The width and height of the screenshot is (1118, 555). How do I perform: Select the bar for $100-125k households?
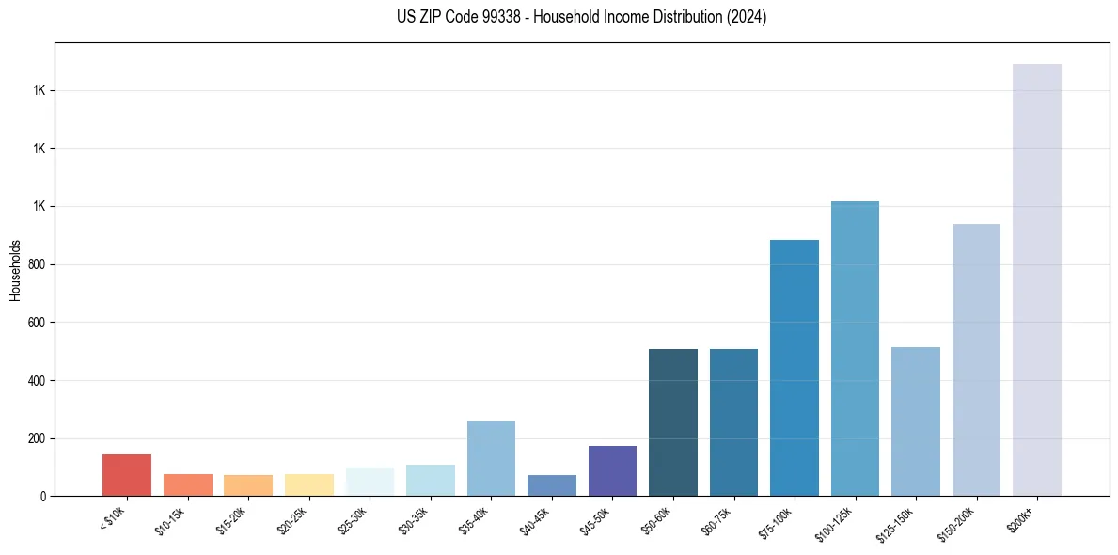[855, 348]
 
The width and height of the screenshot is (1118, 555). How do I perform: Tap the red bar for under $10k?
[127, 475]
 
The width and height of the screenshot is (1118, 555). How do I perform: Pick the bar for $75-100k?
[795, 368]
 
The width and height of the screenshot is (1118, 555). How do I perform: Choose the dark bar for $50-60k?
[673, 422]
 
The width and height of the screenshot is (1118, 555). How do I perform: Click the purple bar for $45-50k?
[612, 470]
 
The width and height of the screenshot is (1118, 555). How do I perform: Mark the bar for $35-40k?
[491, 458]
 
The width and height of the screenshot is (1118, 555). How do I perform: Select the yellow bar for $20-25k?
[309, 484]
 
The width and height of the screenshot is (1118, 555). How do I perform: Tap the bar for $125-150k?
[916, 421]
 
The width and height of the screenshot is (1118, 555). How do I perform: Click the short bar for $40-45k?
[552, 485]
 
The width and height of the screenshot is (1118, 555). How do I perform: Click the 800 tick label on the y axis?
[38, 264]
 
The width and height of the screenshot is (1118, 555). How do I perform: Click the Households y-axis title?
[15, 270]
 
